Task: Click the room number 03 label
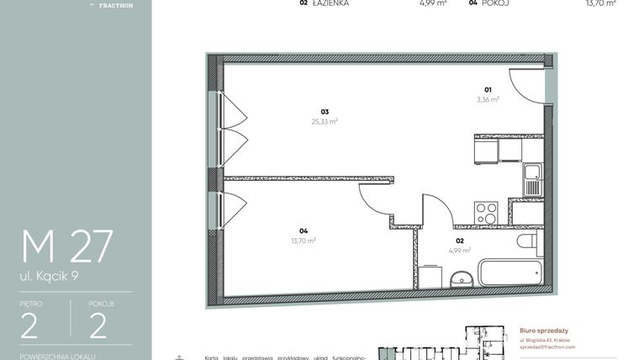click(x=324, y=111)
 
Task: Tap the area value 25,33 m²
click(x=324, y=121)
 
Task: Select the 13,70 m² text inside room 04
click(x=303, y=241)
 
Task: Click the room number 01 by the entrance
click(x=488, y=89)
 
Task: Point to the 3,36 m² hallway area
click(x=488, y=99)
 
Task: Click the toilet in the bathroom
click(x=526, y=242)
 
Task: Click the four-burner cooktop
click(x=486, y=212)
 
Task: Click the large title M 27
click(x=67, y=246)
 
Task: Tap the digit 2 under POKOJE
click(x=98, y=325)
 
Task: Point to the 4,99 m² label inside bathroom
click(x=459, y=251)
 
